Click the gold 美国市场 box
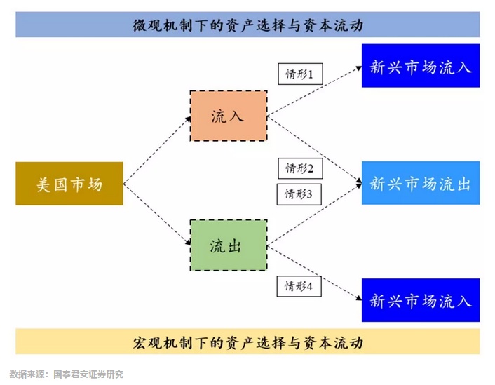coord(69,184)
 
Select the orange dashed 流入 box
coord(228,116)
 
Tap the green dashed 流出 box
coord(228,245)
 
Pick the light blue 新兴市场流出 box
coord(421,183)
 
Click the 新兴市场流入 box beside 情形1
coord(421,67)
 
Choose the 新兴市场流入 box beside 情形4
coord(421,301)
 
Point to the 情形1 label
coord(300,73)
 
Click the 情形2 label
coord(300,168)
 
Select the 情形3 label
coord(299,194)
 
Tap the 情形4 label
coord(299,286)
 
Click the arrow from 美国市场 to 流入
coord(157,150)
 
